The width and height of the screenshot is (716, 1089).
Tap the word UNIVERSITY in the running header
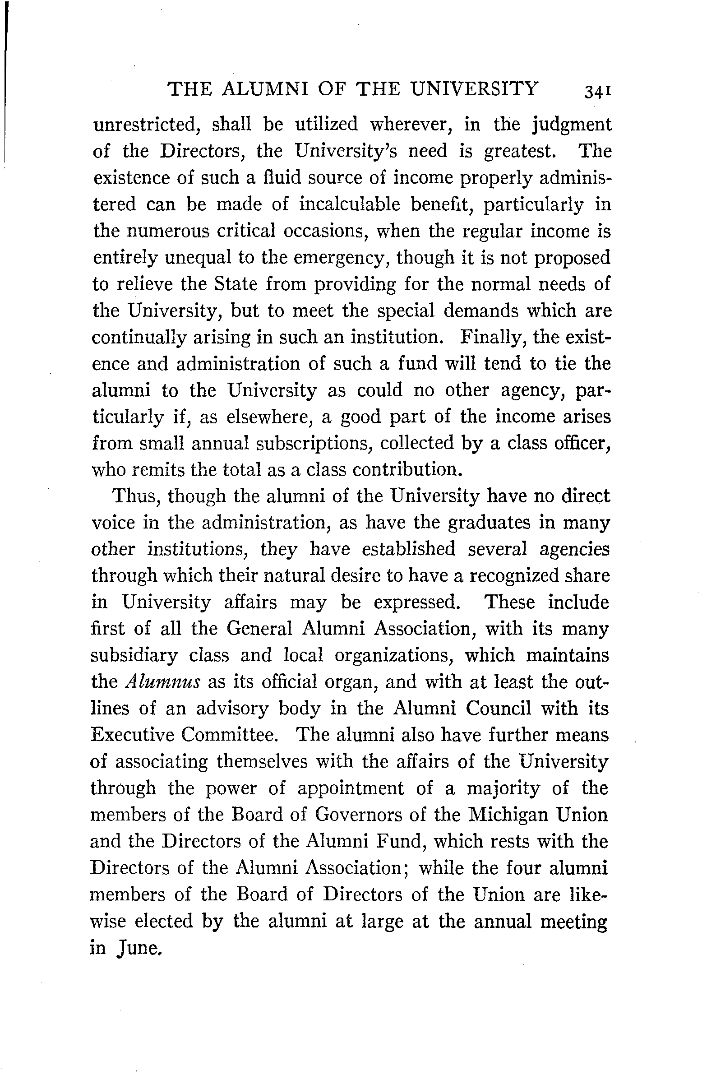(474, 88)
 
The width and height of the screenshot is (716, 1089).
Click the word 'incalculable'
(350, 204)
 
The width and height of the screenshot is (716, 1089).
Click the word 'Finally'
(494, 338)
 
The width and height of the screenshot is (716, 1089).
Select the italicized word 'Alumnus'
(163, 682)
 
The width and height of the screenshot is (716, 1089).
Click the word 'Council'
(499, 709)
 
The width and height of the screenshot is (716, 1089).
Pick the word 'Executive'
(132, 735)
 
